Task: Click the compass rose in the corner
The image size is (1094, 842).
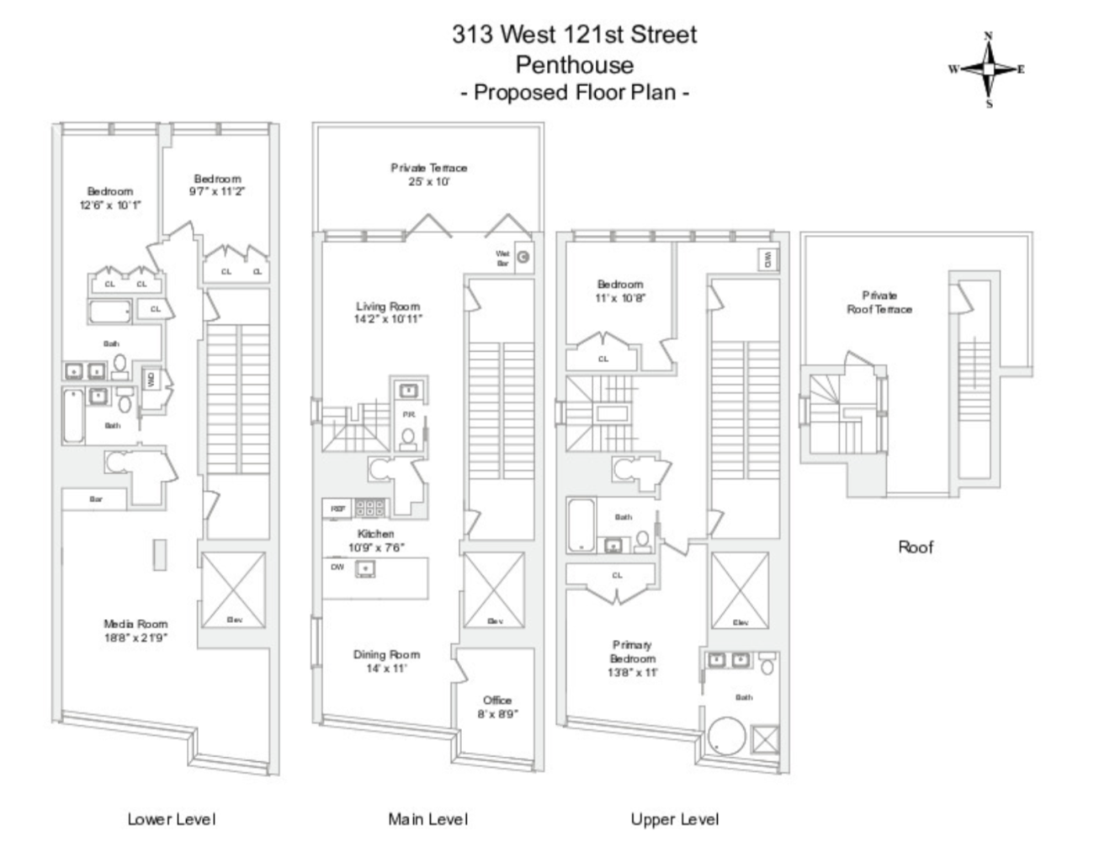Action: (988, 70)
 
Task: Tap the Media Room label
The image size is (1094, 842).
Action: (135, 631)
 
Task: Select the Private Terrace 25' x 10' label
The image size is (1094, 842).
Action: (428, 174)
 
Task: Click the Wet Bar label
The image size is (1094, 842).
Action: (503, 258)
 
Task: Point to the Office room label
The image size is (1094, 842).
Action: (497, 706)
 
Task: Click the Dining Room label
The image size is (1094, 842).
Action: (386, 661)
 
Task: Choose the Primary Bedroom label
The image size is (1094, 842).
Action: (632, 658)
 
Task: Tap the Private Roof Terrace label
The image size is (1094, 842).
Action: (879, 302)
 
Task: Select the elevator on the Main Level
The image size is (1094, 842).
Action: (494, 589)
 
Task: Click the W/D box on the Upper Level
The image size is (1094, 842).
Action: (767, 259)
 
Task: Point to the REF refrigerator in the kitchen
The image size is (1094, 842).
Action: (337, 509)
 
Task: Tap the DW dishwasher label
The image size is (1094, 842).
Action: (337, 567)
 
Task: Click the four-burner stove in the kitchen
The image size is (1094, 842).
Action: (369, 508)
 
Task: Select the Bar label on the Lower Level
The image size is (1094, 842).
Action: (95, 499)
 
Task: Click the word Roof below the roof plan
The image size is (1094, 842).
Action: (916, 547)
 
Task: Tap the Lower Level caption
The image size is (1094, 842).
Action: (171, 818)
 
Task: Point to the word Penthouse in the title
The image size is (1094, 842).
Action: (574, 64)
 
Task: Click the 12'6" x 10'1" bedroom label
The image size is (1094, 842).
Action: (110, 198)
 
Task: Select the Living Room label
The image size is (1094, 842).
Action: (387, 312)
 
